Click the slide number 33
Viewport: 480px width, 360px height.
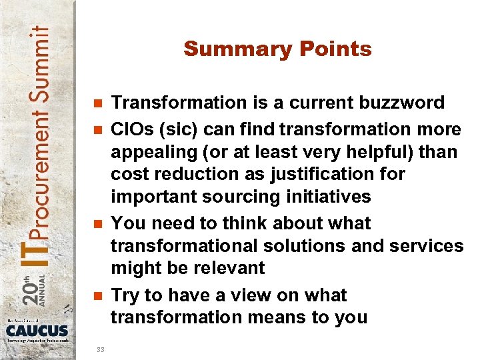click(101, 349)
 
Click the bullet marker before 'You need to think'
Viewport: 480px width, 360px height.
click(97, 224)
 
